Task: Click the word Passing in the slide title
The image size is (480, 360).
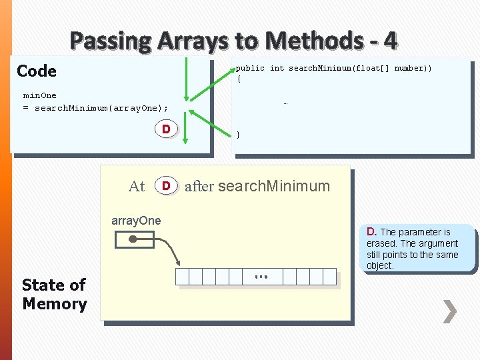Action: tap(111, 41)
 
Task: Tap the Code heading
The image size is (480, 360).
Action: tap(37, 71)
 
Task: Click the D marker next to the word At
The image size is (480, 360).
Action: tap(167, 185)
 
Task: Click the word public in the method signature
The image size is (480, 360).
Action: tap(250, 68)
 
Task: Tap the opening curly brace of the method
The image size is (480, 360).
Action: tap(239, 79)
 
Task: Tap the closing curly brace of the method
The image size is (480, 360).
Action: tap(239, 135)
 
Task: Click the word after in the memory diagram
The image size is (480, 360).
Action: tap(199, 187)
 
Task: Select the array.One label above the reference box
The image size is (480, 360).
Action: tap(136, 221)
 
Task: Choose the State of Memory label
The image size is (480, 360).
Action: tap(54, 295)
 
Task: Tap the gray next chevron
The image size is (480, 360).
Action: tap(450, 311)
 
